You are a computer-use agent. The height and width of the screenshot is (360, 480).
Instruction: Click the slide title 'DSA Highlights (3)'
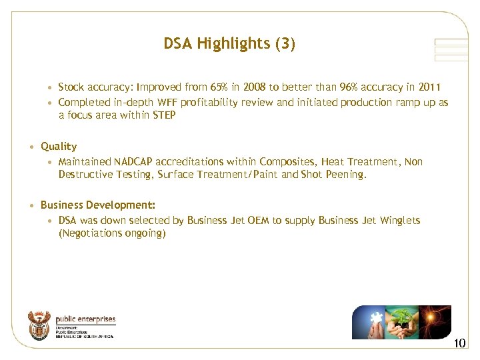[x=229, y=44]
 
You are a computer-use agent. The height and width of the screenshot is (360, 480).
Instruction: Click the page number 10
[x=459, y=344]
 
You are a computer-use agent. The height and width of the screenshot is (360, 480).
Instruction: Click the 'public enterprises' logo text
[x=85, y=319]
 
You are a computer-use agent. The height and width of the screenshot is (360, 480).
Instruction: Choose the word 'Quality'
[x=59, y=146]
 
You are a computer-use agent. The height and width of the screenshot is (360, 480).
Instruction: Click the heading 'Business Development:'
[x=98, y=205]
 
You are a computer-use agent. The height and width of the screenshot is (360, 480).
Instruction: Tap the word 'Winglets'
[x=399, y=220]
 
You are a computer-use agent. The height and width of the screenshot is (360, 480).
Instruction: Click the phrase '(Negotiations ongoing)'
[x=112, y=233]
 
